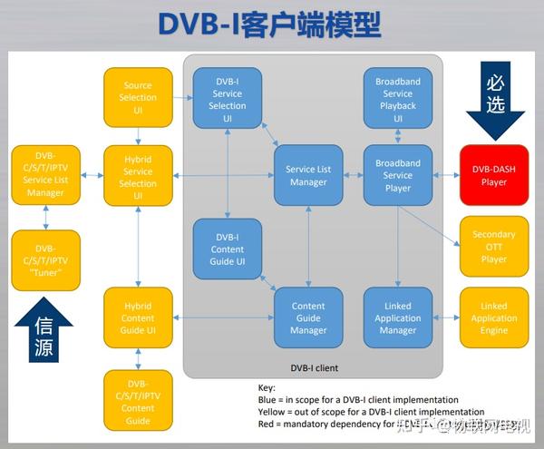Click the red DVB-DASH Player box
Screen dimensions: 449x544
point(494,175)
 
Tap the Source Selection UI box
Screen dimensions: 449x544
point(138,97)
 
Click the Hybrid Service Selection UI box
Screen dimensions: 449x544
point(138,176)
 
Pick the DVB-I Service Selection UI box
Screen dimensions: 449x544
point(227,99)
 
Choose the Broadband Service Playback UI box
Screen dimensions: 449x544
point(398,99)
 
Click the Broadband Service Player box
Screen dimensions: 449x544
point(398,175)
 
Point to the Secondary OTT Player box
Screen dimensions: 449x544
point(494,246)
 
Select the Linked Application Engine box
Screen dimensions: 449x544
point(494,317)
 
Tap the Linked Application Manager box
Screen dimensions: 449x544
point(398,317)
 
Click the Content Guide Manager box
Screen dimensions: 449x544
point(308,317)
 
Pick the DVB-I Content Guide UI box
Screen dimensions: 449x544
point(227,249)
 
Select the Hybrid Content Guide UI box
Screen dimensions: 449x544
point(138,317)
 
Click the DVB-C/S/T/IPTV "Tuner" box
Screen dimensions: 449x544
point(45,259)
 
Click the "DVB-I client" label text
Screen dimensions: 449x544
point(313,367)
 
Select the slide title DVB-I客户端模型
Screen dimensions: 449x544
point(270,24)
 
